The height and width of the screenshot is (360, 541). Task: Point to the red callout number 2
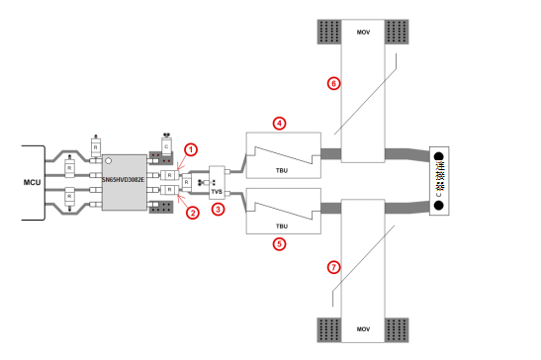[x=193, y=212]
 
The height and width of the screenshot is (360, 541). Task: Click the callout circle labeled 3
[x=219, y=209]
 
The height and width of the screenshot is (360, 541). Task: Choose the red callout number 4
[x=280, y=123]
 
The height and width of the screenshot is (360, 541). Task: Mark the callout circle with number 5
[x=280, y=241]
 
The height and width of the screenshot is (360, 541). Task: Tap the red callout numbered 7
[x=333, y=267]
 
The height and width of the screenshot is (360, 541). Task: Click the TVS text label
[x=219, y=192]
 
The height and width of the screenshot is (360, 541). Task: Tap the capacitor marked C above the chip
[x=166, y=147]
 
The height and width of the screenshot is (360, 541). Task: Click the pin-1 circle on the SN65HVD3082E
[x=107, y=160]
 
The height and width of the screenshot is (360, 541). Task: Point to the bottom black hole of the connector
[x=438, y=207]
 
